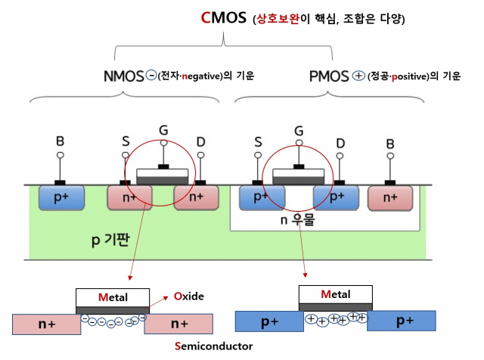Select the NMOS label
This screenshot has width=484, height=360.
point(123,76)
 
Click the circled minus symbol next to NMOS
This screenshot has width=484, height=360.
point(150,76)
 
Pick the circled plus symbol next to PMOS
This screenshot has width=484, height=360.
point(358,76)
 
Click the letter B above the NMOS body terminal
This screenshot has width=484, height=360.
point(60,141)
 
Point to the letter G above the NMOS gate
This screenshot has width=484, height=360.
point(163,130)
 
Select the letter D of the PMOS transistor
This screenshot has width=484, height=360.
point(340,141)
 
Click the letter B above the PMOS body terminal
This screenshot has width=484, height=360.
point(390,141)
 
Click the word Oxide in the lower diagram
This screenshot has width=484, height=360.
point(188,296)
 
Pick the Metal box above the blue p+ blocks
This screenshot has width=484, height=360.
point(335,294)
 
